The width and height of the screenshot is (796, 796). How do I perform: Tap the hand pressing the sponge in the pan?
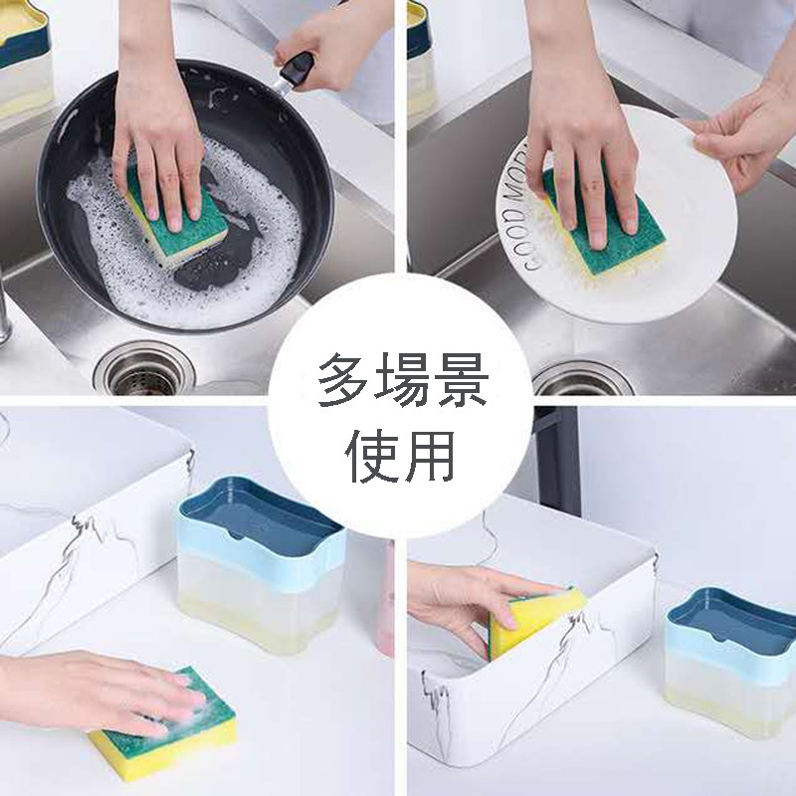point(159,139)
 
